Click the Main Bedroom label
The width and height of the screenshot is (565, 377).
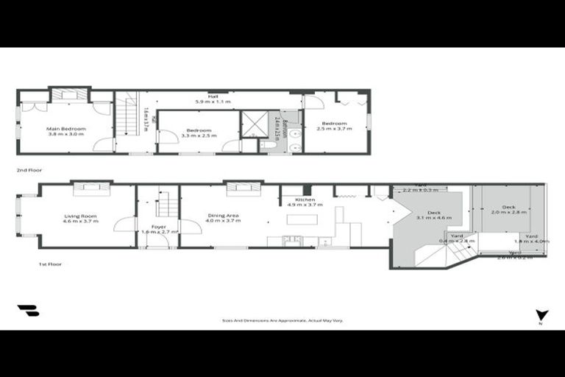click(x=67, y=129)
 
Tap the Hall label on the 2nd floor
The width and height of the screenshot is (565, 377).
click(x=213, y=96)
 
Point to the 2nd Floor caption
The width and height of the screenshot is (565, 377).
click(x=29, y=170)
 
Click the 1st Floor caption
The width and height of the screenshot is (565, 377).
click(x=49, y=263)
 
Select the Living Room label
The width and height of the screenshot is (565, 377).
click(x=79, y=216)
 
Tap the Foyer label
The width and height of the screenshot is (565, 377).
click(x=159, y=226)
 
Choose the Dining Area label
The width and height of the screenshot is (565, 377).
click(x=223, y=216)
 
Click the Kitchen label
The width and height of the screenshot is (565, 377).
click(x=305, y=200)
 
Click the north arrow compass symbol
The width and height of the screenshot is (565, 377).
click(x=542, y=314)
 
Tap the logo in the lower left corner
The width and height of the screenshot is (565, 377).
click(x=28, y=311)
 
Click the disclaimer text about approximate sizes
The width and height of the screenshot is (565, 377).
click(x=282, y=320)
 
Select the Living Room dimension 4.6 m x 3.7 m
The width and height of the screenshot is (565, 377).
click(x=79, y=221)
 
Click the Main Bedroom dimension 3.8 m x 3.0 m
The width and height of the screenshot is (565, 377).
click(x=67, y=134)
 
